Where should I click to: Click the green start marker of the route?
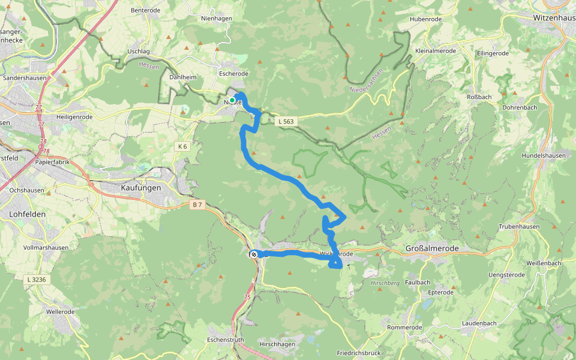coord(232,100)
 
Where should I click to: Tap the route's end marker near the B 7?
coord(254,254)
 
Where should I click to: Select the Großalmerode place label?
coord(432,248)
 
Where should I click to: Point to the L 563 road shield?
coord(286,121)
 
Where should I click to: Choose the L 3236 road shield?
coord(37,279)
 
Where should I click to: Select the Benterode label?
coord(146,10)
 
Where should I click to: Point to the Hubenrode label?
coord(425,19)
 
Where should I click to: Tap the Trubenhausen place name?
coord(520,227)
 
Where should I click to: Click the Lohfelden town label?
coord(28,214)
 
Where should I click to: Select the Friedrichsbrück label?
coord(359,353)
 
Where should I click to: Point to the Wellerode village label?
coord(61,312)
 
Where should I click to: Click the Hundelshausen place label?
coord(544,155)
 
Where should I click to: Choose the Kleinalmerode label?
coord(436,51)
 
